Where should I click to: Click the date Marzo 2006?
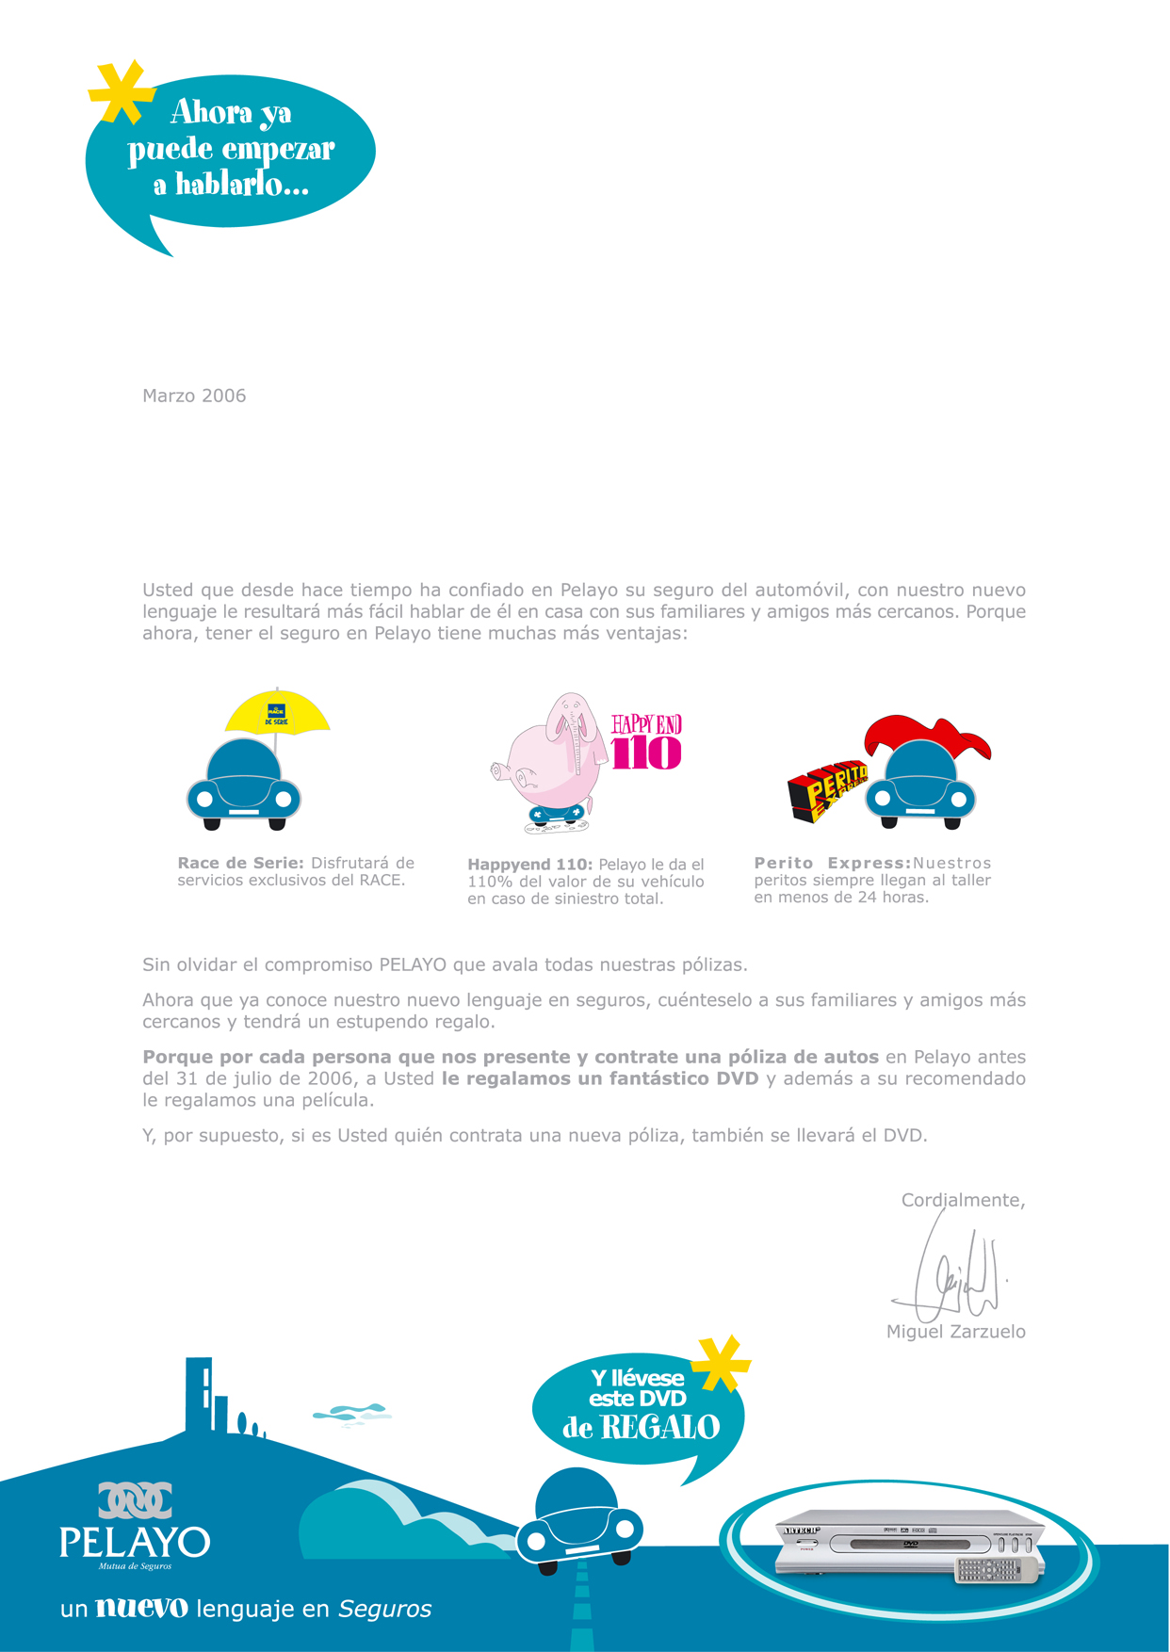point(194,396)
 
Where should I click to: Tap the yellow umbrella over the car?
point(277,713)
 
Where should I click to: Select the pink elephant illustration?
point(551,753)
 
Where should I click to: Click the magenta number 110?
point(646,753)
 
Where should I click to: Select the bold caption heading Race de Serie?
point(240,863)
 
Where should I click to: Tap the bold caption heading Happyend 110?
point(529,865)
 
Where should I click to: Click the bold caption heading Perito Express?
point(832,863)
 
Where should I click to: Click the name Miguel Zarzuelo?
point(955,1332)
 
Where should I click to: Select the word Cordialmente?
point(962,1200)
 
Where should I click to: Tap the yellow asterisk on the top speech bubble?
point(122,92)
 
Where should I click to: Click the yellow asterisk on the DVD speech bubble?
point(721,1363)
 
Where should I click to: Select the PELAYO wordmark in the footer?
point(134,1542)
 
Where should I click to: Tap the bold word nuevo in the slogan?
point(141,1608)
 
